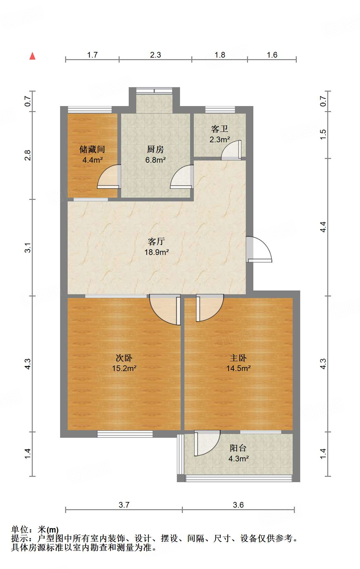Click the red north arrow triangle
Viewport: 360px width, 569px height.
point(32,56)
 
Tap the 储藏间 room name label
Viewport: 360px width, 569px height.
point(92,149)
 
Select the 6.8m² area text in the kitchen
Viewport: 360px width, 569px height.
point(155,160)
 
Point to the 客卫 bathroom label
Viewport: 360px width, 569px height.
point(220,129)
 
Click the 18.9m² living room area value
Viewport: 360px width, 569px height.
point(156,252)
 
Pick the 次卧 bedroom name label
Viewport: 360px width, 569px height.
point(124,358)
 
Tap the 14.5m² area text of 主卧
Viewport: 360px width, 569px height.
point(238,368)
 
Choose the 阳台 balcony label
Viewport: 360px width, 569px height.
point(238,448)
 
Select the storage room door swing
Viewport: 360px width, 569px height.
point(109,177)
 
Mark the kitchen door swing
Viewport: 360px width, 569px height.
point(182,177)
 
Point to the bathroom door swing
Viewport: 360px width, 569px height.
point(231,150)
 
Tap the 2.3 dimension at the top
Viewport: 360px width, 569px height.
point(155,55)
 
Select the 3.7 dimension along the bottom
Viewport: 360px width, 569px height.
point(124,505)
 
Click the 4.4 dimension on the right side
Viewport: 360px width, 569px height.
point(323,227)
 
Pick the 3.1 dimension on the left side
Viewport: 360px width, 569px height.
point(28,247)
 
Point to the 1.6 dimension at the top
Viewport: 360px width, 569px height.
point(272,55)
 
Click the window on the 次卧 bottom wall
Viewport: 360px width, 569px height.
point(125,434)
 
